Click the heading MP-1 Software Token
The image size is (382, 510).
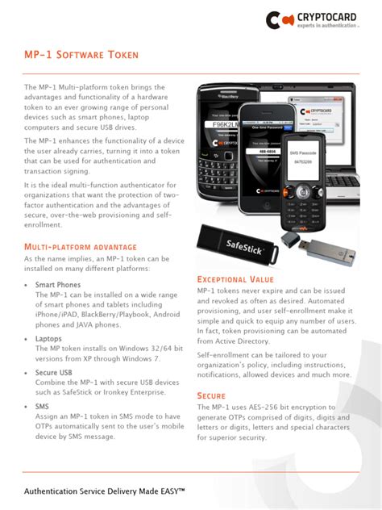click(81, 55)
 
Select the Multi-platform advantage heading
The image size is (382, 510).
click(81, 246)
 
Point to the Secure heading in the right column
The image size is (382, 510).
click(211, 395)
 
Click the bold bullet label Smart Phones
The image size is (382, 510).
click(57, 286)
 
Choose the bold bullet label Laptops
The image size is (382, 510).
click(48, 339)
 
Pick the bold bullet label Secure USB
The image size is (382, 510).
click(53, 372)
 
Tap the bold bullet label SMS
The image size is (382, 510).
click(42, 407)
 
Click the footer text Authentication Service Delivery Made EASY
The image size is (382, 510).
click(106, 491)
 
